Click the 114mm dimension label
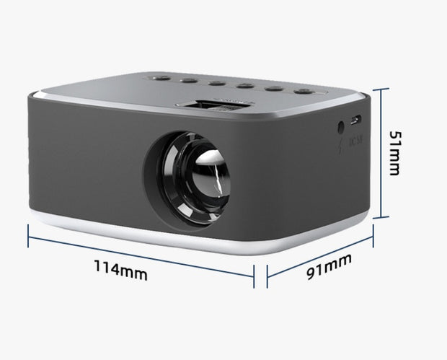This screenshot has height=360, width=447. [121, 272]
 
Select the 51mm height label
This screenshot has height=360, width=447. [394, 152]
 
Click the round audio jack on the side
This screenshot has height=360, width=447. [340, 128]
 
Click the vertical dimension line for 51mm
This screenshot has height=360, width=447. [383, 152]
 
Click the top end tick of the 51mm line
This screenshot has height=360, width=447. [383, 89]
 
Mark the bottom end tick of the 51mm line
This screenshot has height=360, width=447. [383, 216]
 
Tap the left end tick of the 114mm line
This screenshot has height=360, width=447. [28, 235]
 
